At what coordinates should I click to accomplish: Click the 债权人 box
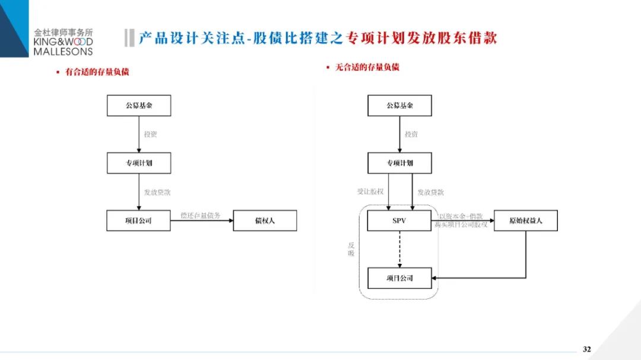(265, 221)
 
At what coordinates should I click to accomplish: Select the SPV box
(399, 221)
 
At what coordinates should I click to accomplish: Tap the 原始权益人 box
(525, 221)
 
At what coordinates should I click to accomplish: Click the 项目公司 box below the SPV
(399, 278)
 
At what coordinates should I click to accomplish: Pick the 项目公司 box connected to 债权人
(138, 221)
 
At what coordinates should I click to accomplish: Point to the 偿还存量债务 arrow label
(201, 215)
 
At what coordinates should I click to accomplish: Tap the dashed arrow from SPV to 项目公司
(399, 249)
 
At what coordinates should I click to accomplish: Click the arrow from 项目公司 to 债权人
(202, 221)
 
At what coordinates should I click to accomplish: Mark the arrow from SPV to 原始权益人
(463, 221)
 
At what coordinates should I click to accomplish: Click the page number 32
(586, 349)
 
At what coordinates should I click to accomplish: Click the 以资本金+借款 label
(461, 216)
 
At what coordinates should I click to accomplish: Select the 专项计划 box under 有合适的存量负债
(138, 163)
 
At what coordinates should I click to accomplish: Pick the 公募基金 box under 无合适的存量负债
(399, 106)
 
